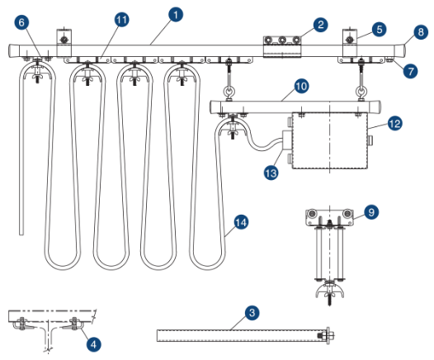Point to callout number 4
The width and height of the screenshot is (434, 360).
coord(95,342)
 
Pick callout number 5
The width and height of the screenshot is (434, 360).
coord(379,29)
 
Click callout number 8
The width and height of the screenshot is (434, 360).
coord(421,32)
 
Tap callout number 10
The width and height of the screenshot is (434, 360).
coord(301,85)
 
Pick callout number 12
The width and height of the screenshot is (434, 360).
coord(394,124)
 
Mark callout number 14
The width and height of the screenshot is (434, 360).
coord(241,221)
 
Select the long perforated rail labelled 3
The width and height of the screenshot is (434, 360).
coord(239,335)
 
